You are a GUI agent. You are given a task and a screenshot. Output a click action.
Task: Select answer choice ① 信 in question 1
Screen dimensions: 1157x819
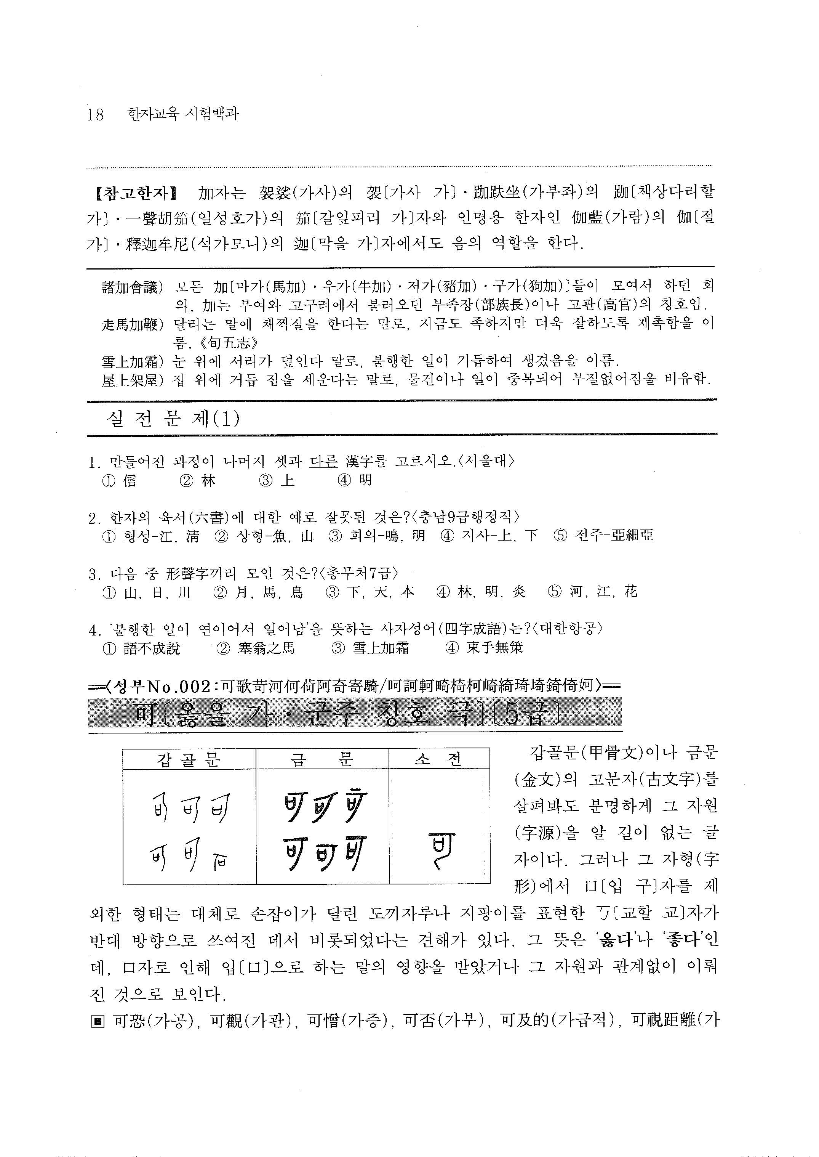tap(120, 480)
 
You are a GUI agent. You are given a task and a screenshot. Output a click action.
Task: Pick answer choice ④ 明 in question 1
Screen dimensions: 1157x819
tap(355, 480)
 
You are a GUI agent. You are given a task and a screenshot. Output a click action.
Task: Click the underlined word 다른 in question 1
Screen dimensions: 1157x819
tap(323, 461)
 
